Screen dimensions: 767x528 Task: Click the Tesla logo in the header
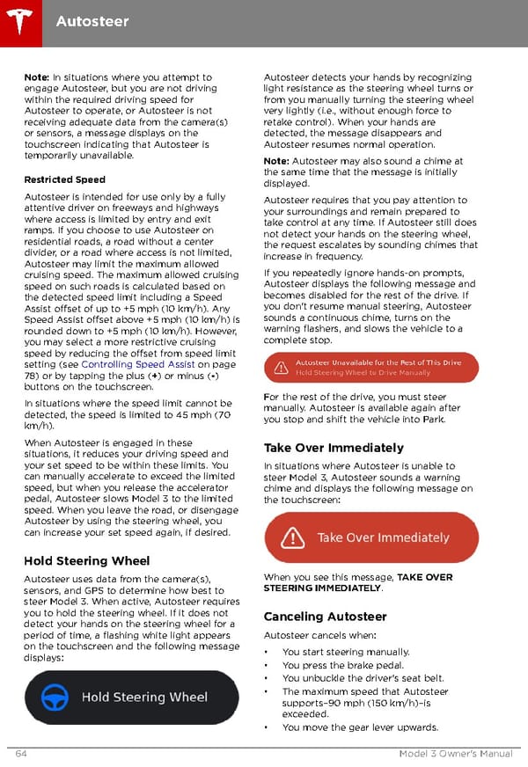(19, 18)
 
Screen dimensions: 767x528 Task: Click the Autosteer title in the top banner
(92, 20)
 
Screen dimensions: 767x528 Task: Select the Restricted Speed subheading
(64, 179)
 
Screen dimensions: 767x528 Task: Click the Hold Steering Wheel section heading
(86, 560)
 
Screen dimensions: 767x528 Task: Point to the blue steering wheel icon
(55, 698)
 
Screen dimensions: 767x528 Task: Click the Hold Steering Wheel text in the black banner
(144, 698)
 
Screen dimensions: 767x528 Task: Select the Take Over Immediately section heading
(334, 448)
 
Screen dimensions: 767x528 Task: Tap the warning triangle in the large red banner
(292, 537)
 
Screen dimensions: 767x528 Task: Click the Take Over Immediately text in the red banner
(383, 537)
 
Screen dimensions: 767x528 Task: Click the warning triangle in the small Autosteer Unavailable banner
(281, 368)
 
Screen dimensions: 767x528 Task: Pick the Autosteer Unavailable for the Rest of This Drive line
(378, 362)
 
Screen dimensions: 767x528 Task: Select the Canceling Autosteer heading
(325, 617)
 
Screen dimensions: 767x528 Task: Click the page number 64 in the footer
(20, 753)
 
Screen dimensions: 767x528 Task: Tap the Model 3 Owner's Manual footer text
(454, 753)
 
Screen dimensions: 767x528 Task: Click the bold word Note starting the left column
(37, 78)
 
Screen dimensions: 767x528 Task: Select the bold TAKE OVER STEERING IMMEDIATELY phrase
(358, 582)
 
